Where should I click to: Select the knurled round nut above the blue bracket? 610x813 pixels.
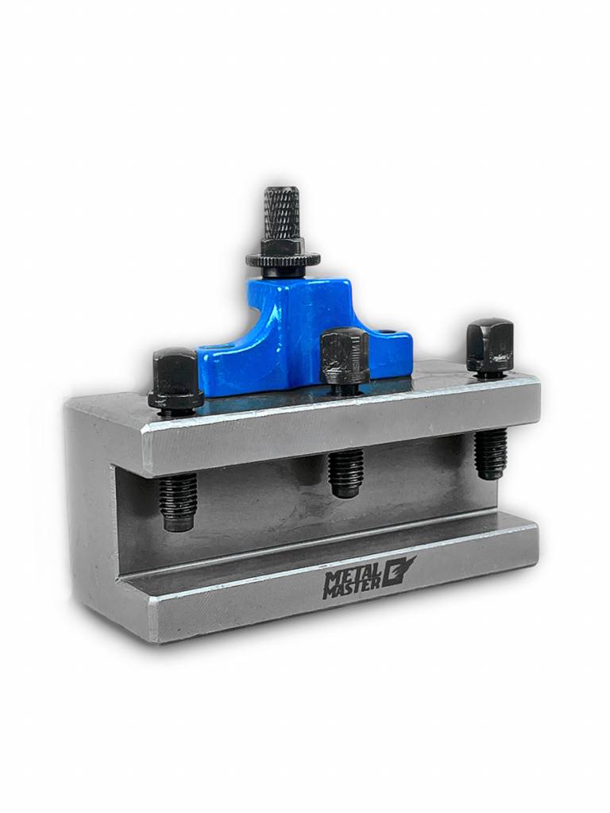(284, 258)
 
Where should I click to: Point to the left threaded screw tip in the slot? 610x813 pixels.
(178, 502)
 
